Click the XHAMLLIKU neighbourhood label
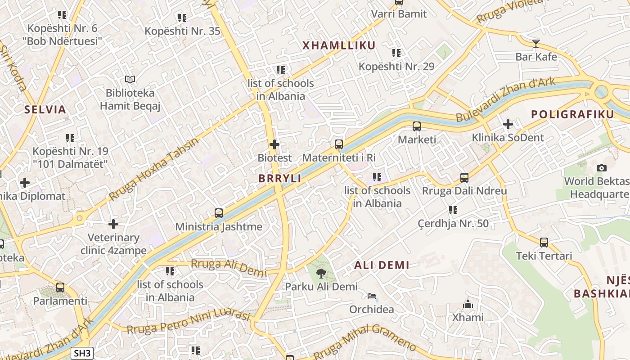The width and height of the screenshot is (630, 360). pos(339,45)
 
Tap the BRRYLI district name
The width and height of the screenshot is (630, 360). pos(280,178)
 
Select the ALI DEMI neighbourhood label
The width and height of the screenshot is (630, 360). pos(382,265)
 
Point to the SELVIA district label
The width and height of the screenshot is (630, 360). pos(45,109)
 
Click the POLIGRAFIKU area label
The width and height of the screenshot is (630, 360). pos(572,114)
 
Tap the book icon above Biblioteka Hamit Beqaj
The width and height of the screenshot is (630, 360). pos(130,80)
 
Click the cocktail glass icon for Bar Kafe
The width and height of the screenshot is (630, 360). pos(535,44)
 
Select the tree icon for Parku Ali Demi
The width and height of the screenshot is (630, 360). pos(321,273)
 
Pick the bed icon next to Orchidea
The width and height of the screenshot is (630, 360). pos(372,296)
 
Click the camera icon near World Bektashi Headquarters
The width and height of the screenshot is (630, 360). pos(601,168)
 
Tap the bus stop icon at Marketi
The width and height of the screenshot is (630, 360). pos(417,126)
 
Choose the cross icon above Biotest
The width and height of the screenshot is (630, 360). pos(274,144)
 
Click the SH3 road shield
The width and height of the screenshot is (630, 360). pos(82,353)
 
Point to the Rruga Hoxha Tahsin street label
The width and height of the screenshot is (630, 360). pos(154,169)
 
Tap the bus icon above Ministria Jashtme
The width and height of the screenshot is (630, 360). pos(219,213)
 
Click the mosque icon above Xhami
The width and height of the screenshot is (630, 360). pos(468,304)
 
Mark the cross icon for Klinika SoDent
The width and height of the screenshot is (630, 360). pos(508,124)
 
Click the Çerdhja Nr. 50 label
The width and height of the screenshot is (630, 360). pos(453,224)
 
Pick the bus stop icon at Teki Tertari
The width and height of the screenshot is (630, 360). pos(544,243)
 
